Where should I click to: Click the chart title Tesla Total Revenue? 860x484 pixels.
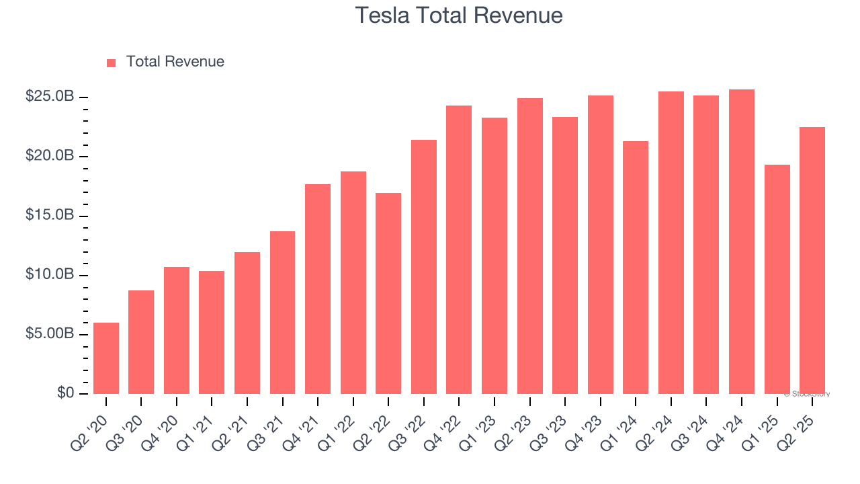[458, 15]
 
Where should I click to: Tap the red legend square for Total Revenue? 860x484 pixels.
[112, 63]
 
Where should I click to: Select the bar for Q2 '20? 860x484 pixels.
[106, 358]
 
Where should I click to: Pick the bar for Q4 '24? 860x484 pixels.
[742, 242]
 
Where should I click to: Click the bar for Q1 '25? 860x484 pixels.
[777, 279]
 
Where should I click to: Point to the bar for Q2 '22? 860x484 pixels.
[388, 293]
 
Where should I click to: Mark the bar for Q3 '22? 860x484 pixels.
[424, 267]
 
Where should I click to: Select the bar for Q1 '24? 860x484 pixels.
[636, 268]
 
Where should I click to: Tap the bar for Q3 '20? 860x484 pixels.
[141, 342]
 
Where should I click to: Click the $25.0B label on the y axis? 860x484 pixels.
[50, 97]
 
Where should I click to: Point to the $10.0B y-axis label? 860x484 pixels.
[50, 275]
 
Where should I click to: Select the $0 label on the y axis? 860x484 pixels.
[64, 393]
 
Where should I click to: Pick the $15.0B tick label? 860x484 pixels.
[50, 216]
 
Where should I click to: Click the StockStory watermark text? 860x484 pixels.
[807, 394]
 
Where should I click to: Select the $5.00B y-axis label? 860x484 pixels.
[50, 334]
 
